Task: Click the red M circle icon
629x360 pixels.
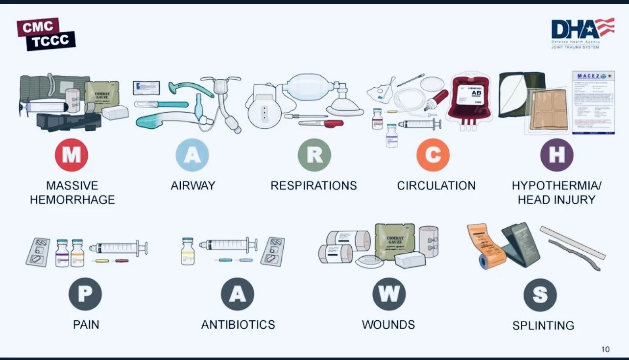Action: click(x=72, y=155)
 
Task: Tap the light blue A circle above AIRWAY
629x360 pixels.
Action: click(x=193, y=155)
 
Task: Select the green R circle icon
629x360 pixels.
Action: click(x=314, y=155)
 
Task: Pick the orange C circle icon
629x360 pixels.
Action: click(x=433, y=155)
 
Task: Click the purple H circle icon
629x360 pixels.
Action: click(x=556, y=155)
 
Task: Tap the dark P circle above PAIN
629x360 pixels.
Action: click(x=85, y=294)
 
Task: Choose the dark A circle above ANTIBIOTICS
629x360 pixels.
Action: click(x=237, y=294)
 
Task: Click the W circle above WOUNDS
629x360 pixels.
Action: click(x=389, y=294)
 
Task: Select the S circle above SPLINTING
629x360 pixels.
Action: click(x=540, y=295)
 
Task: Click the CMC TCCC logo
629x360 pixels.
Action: click(x=46, y=34)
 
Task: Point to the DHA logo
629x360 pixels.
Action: click(x=582, y=32)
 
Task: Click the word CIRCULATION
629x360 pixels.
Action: click(x=436, y=186)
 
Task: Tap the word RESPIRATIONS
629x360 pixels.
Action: click(x=314, y=186)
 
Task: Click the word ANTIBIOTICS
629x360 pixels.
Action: click(x=238, y=325)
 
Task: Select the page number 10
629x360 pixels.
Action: click(x=605, y=349)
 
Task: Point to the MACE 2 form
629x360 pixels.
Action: click(x=593, y=102)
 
